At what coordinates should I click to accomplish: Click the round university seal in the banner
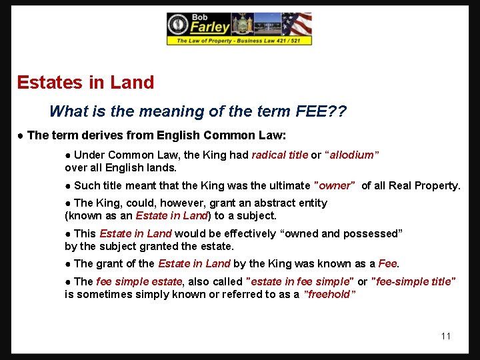coord(178,25)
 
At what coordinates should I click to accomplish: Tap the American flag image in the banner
coord(297,25)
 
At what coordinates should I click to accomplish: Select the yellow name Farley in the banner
coord(210,28)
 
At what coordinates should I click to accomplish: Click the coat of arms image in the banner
coord(241,25)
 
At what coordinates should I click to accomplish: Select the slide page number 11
coord(446,335)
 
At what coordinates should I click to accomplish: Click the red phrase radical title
coord(279,155)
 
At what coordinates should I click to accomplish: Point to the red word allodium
coord(351,155)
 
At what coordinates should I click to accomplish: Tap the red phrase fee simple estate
coord(139,282)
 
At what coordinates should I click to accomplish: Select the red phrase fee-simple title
coord(413,282)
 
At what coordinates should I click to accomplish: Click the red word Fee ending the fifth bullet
coord(388,264)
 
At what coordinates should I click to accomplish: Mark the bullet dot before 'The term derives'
coord(21,136)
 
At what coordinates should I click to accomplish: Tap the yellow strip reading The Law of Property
coord(239,41)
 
